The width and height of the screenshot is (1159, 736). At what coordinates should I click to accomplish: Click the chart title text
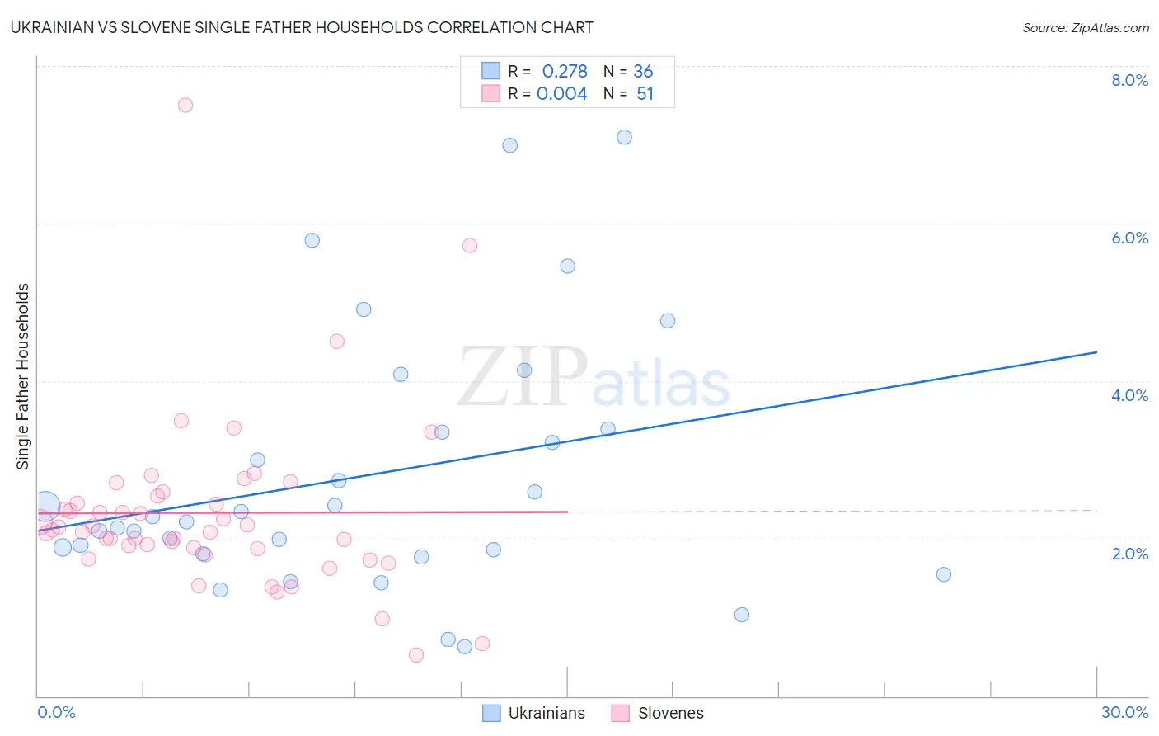coord(302,27)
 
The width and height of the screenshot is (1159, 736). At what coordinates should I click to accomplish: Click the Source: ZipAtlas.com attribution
coord(1085,27)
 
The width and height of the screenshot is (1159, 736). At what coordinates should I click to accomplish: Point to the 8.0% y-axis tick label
coord(1129,80)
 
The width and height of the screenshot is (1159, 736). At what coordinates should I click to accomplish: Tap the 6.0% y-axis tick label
coord(1129,238)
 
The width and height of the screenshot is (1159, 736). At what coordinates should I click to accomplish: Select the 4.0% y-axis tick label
coord(1129,395)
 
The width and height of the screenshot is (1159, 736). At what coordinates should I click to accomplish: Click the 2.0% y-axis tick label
coord(1129,554)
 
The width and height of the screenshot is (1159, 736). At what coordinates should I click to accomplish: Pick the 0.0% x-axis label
coord(56,712)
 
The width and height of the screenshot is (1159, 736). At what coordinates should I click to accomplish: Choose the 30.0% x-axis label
coord(1124,712)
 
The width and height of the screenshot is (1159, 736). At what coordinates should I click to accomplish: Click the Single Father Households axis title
coord(23,376)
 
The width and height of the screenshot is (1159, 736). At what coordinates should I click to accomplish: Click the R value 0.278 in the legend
coord(565,72)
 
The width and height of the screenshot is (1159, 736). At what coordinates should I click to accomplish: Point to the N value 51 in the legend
coord(645,94)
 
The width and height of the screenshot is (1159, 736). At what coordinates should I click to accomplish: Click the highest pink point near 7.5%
coord(185,105)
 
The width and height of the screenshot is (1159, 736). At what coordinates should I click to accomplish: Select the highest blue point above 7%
coord(624,137)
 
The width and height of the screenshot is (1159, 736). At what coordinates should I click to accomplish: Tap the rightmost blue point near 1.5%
coord(944,574)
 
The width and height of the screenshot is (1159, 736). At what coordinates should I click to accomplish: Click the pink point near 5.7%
coord(470,245)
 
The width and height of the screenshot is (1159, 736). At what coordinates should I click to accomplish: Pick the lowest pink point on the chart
coord(416,655)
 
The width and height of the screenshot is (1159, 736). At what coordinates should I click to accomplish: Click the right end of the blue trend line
coord(1096,352)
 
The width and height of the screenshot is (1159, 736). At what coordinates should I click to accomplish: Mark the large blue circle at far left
coord(46,505)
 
